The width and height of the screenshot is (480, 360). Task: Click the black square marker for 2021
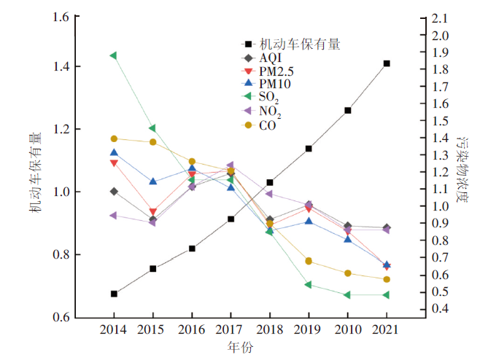387,63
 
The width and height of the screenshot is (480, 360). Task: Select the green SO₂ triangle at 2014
114,55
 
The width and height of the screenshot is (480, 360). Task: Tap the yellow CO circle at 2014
114,138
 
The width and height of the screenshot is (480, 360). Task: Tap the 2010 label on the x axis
348,330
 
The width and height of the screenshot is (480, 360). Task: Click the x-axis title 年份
241,348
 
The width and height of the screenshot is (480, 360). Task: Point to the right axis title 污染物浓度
462,167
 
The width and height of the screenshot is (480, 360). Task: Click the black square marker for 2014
114,294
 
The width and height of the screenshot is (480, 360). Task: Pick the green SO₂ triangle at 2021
387,295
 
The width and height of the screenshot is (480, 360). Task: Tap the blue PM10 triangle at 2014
114,152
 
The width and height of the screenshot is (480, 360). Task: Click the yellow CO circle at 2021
387,279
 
